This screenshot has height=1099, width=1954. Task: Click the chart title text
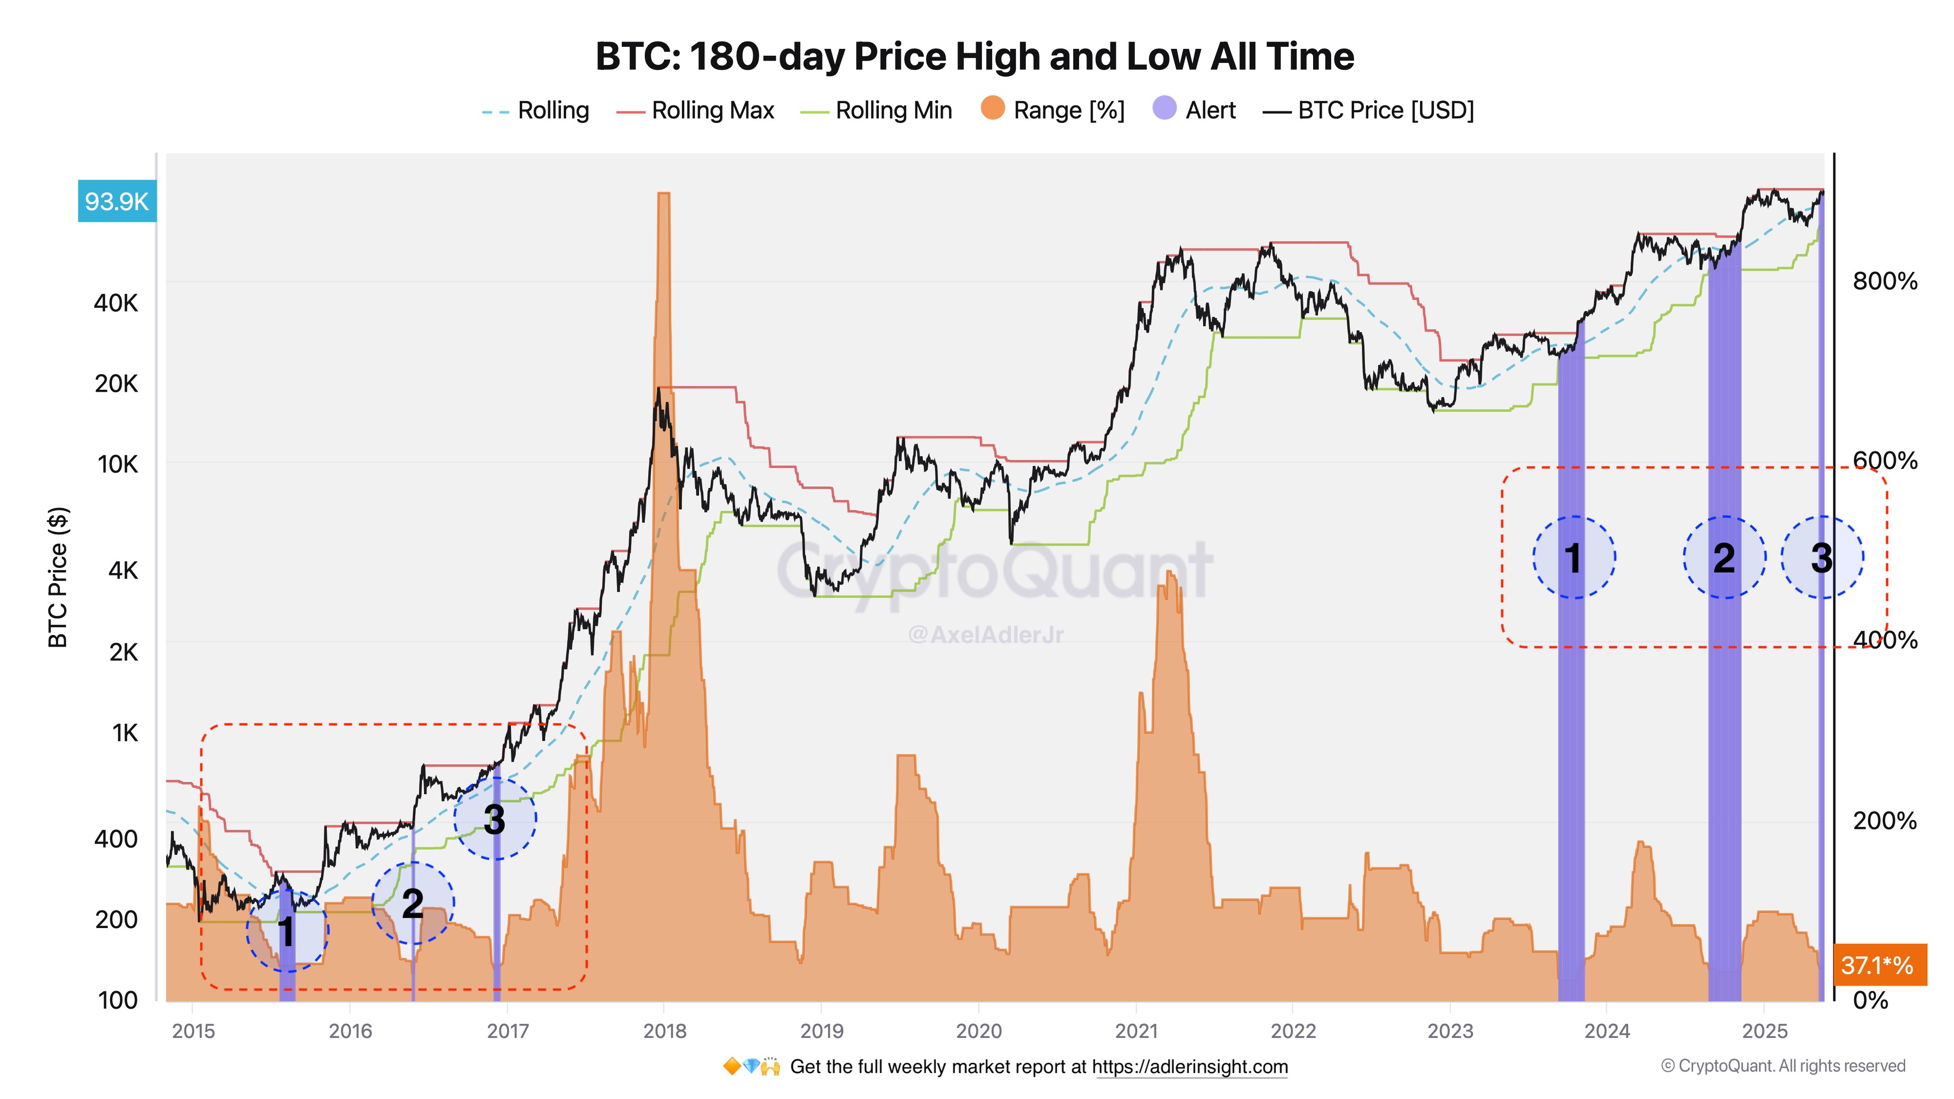[x=974, y=56]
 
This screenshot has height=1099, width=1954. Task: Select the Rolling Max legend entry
[x=696, y=111]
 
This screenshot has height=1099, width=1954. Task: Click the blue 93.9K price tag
[x=117, y=202]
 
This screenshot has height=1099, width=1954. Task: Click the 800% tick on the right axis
[x=1884, y=281]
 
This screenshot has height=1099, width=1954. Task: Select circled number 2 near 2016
[x=413, y=903]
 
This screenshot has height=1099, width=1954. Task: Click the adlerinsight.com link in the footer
[x=1189, y=1067]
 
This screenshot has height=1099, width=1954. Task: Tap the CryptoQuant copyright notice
[x=1783, y=1066]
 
